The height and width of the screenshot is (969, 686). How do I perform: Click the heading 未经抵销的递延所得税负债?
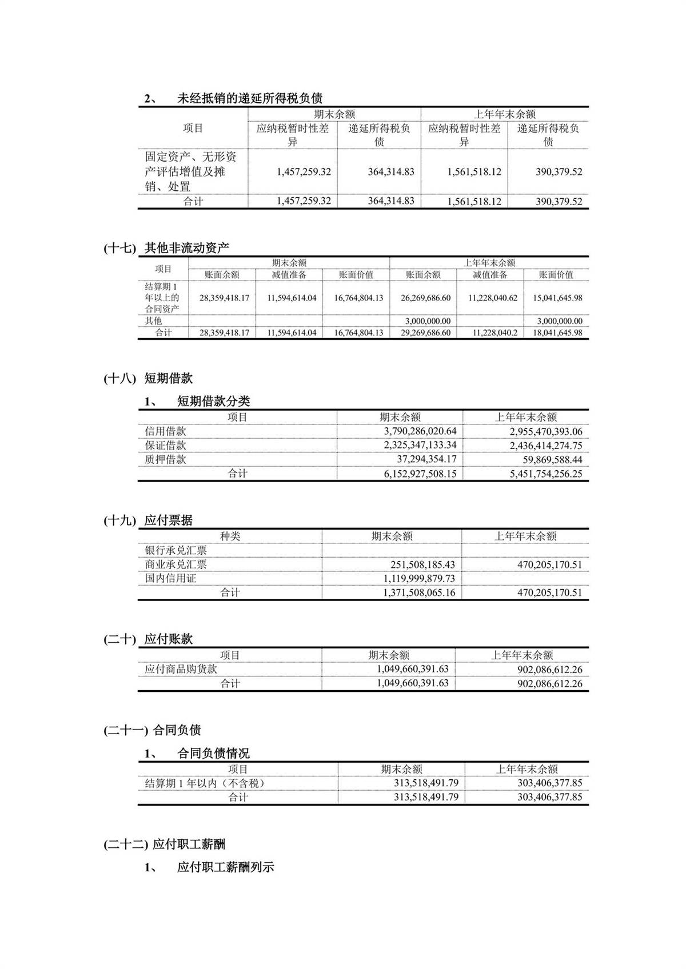coord(249,98)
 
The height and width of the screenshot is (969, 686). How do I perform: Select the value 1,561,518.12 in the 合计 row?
coord(474,201)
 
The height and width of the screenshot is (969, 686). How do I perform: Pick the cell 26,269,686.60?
coord(425,298)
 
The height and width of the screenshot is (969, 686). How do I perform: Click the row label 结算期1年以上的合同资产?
coord(162,298)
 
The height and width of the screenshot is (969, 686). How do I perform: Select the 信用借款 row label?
coord(166,431)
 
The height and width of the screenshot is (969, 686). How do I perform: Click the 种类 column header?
coord(230,536)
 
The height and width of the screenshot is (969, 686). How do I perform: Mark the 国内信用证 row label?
coord(170,578)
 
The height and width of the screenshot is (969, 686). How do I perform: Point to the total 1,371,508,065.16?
coord(419,592)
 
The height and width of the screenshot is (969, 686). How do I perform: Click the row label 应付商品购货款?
coord(181,669)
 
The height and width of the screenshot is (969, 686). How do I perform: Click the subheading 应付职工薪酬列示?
coord(225,867)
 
